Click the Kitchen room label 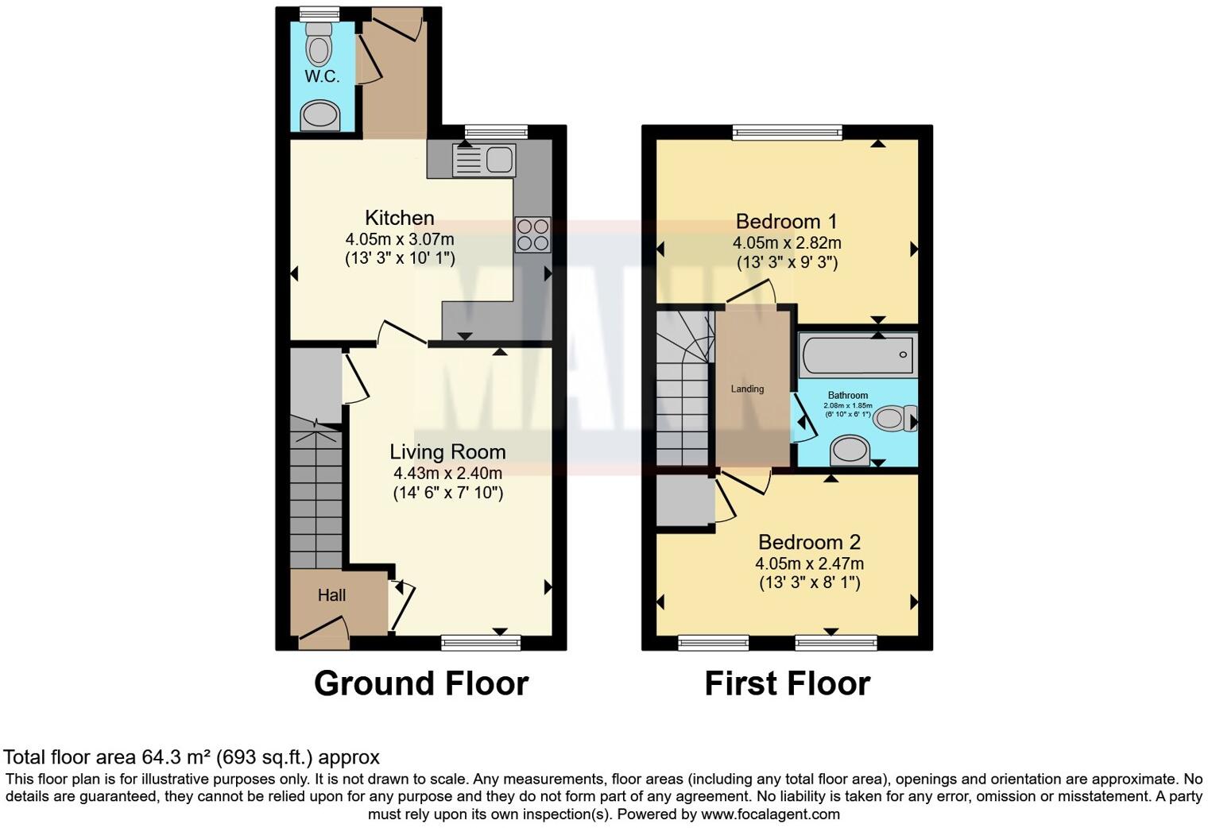click(x=399, y=218)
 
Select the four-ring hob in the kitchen click(x=532, y=234)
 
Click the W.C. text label click(x=322, y=76)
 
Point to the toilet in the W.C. click(x=319, y=45)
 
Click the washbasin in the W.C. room click(x=320, y=116)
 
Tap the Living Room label click(x=447, y=452)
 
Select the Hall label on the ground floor click(x=331, y=595)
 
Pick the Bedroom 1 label click(x=786, y=221)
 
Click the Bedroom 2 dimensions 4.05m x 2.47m click(x=809, y=563)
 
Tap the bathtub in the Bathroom click(x=858, y=355)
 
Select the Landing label click(x=747, y=389)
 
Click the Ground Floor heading click(x=420, y=683)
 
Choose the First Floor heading click(x=787, y=683)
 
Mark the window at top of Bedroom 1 click(x=787, y=132)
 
